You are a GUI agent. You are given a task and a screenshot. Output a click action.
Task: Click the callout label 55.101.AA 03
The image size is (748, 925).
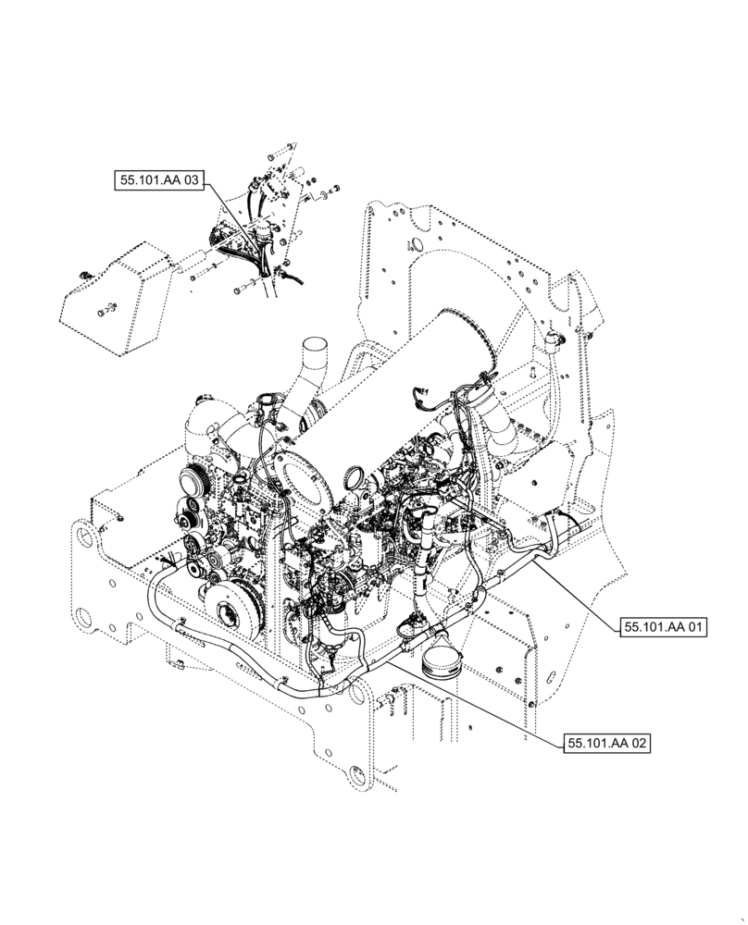[158, 181]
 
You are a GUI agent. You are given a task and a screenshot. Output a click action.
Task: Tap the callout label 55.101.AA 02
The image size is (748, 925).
[606, 743]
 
